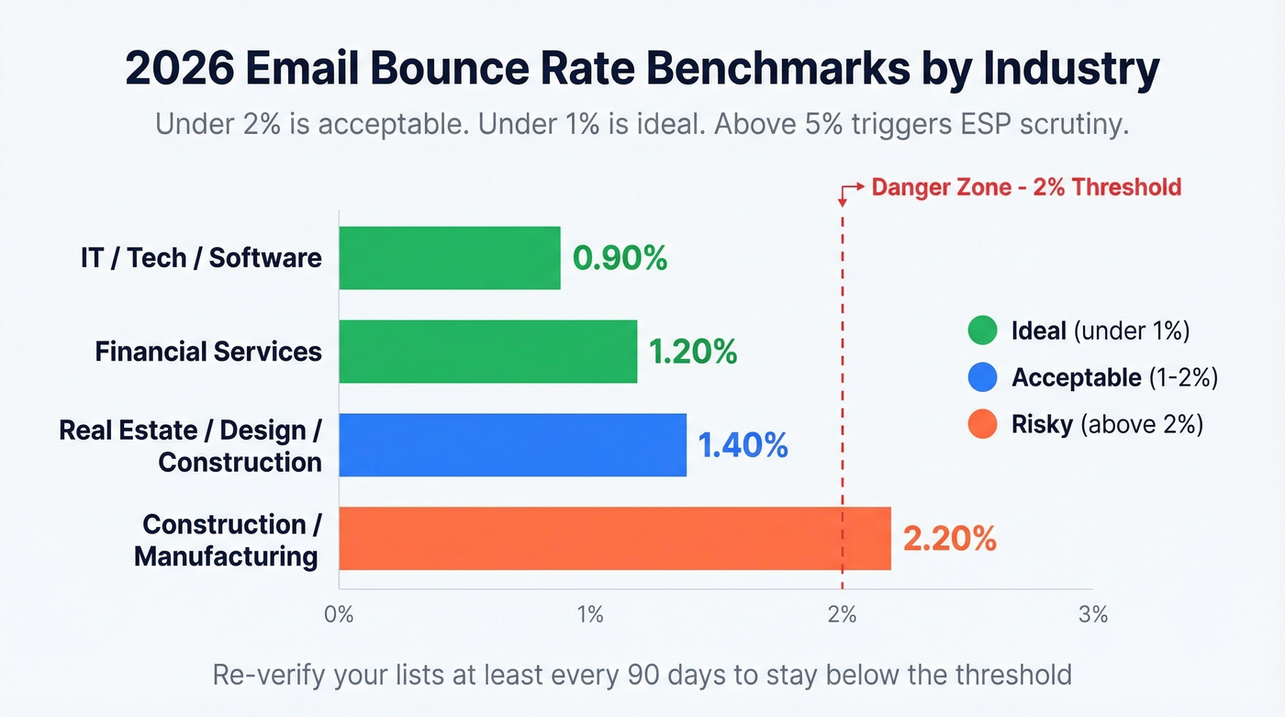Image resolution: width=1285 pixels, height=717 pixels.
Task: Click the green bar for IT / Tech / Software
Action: click(x=450, y=258)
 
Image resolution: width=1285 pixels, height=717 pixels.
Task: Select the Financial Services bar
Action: click(x=487, y=352)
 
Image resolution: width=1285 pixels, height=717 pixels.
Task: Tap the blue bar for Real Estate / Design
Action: click(x=512, y=445)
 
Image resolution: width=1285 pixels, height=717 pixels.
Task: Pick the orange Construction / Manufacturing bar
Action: click(x=614, y=539)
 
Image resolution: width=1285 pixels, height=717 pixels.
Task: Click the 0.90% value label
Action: click(x=620, y=259)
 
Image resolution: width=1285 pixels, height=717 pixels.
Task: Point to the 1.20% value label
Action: click(x=693, y=352)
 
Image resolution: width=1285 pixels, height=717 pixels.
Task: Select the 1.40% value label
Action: click(x=743, y=445)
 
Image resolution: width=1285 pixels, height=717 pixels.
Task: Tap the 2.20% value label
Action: click(x=950, y=539)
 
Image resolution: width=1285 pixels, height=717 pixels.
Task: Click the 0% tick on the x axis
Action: click(x=340, y=615)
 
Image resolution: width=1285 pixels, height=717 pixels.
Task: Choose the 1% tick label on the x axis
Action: click(x=590, y=615)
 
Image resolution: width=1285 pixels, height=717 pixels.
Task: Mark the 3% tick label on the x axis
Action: click(x=1093, y=615)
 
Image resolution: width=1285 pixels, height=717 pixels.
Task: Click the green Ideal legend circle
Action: click(x=982, y=330)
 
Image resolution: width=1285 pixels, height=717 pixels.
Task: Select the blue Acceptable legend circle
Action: click(x=982, y=377)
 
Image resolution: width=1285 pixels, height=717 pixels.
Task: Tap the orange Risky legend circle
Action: click(x=982, y=424)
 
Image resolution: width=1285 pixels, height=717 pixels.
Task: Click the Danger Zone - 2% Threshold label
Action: click(x=1025, y=187)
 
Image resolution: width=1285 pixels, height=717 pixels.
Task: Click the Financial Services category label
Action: click(x=208, y=352)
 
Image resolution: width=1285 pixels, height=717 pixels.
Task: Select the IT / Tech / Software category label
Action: click(x=201, y=258)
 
